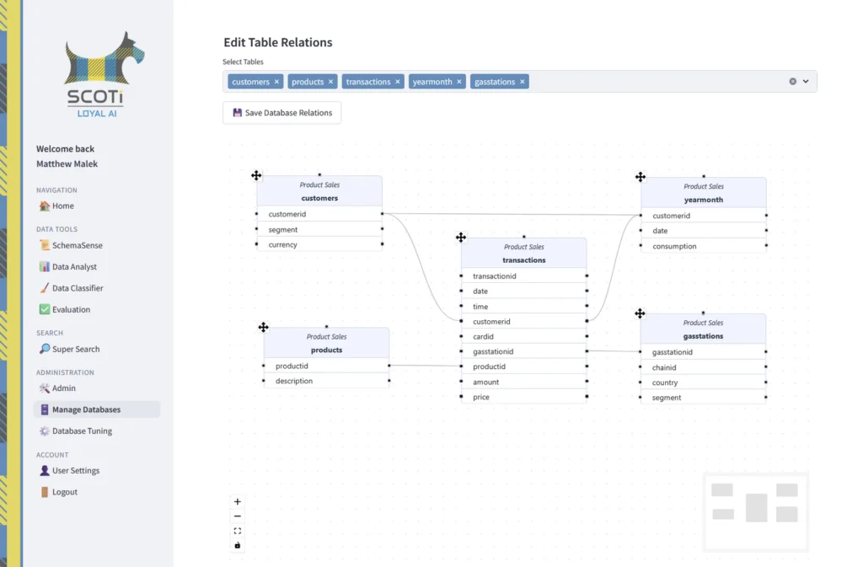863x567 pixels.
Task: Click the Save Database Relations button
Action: pos(281,113)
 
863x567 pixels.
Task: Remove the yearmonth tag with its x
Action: pos(459,82)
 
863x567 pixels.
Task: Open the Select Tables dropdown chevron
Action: pos(806,82)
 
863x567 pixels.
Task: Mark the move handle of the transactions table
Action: pos(461,238)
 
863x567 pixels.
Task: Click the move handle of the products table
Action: pos(264,327)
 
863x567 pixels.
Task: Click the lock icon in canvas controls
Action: pos(237,546)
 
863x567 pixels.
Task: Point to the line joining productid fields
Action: pos(425,366)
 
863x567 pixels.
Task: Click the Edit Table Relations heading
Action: pos(278,42)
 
